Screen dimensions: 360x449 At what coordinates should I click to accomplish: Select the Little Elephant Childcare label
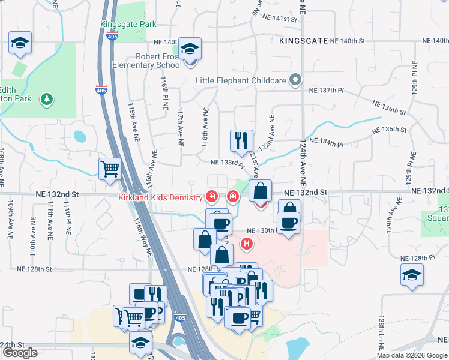pyautogui.click(x=241, y=80)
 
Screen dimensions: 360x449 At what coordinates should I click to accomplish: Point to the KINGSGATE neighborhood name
pyautogui.click(x=303, y=41)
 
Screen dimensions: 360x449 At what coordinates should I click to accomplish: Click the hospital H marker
pyautogui.click(x=246, y=244)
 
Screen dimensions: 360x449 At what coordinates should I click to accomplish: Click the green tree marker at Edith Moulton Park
pyautogui.click(x=46, y=98)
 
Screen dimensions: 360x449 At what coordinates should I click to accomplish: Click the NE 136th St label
pyautogui.click(x=389, y=107)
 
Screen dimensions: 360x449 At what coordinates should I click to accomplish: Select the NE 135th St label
pyautogui.click(x=390, y=130)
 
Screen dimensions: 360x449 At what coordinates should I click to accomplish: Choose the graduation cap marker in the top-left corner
pyautogui.click(x=20, y=43)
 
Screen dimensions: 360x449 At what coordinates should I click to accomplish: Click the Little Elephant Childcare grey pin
pyautogui.click(x=295, y=79)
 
